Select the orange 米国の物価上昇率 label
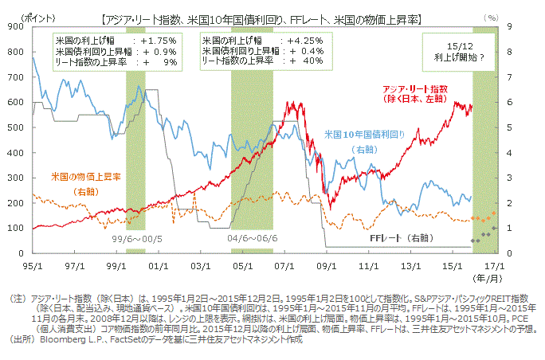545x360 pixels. pos(85,176)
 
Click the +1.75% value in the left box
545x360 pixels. pos(158,39)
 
